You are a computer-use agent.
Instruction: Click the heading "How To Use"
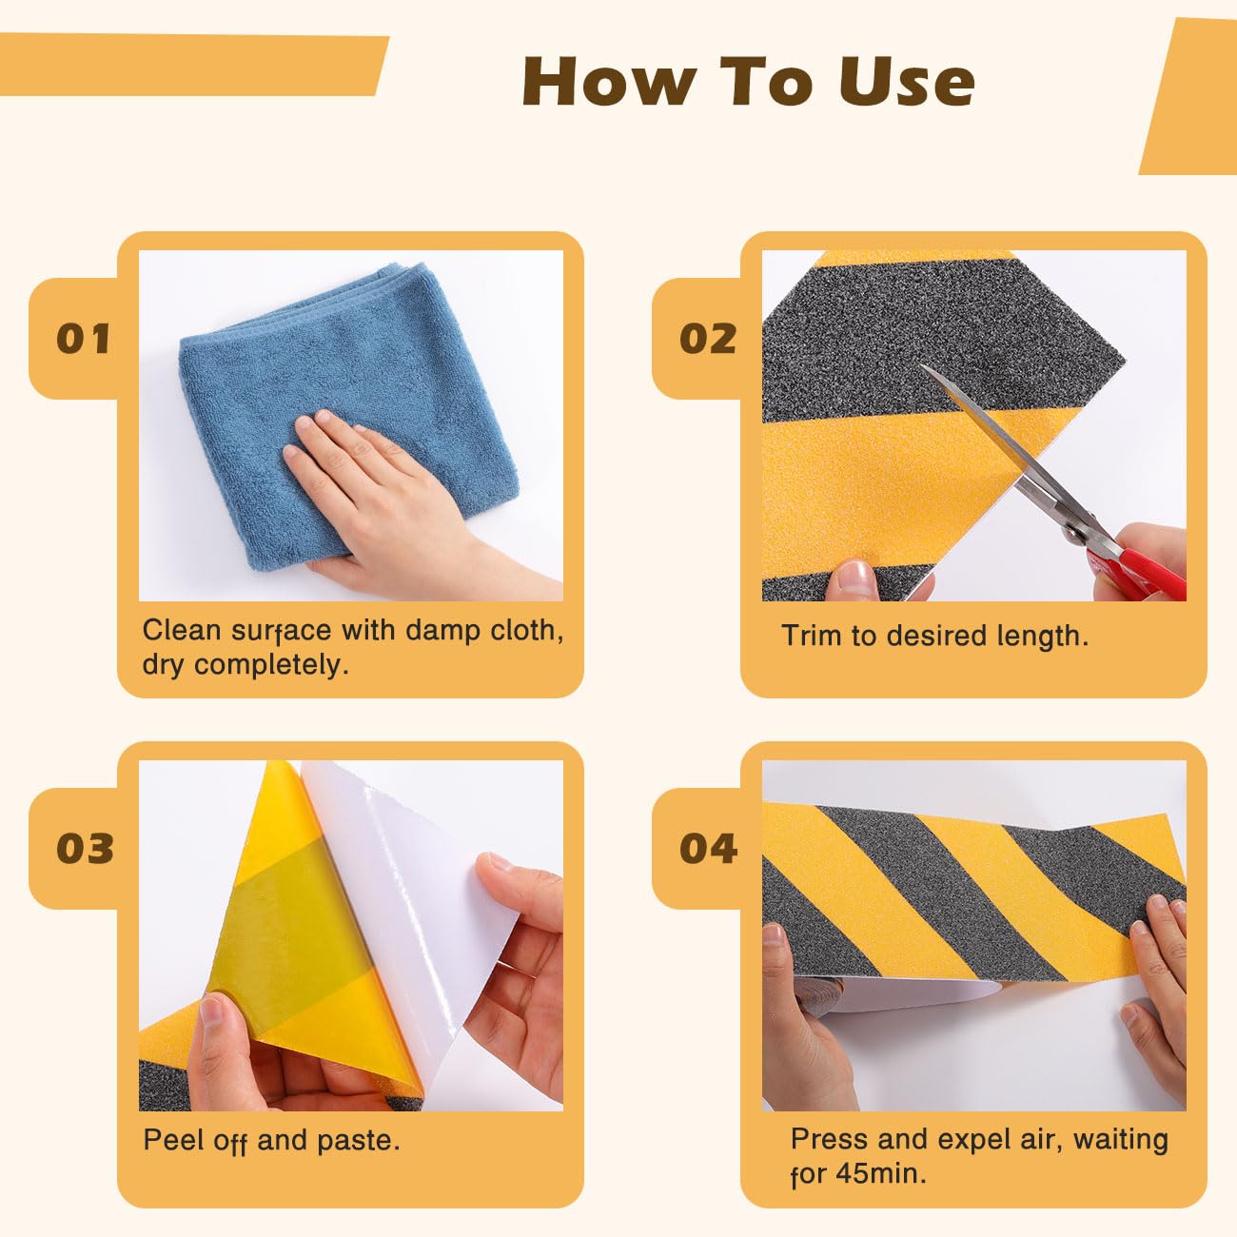click(x=748, y=81)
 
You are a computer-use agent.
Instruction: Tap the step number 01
click(x=84, y=339)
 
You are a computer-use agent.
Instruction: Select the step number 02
click(x=707, y=339)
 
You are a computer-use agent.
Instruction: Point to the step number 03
click(x=84, y=848)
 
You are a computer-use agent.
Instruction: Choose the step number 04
click(x=707, y=848)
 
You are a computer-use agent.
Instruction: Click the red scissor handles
click(x=1142, y=566)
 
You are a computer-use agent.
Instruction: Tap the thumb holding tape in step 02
click(x=854, y=579)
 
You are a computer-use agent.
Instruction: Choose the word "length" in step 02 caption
click(x=1041, y=636)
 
